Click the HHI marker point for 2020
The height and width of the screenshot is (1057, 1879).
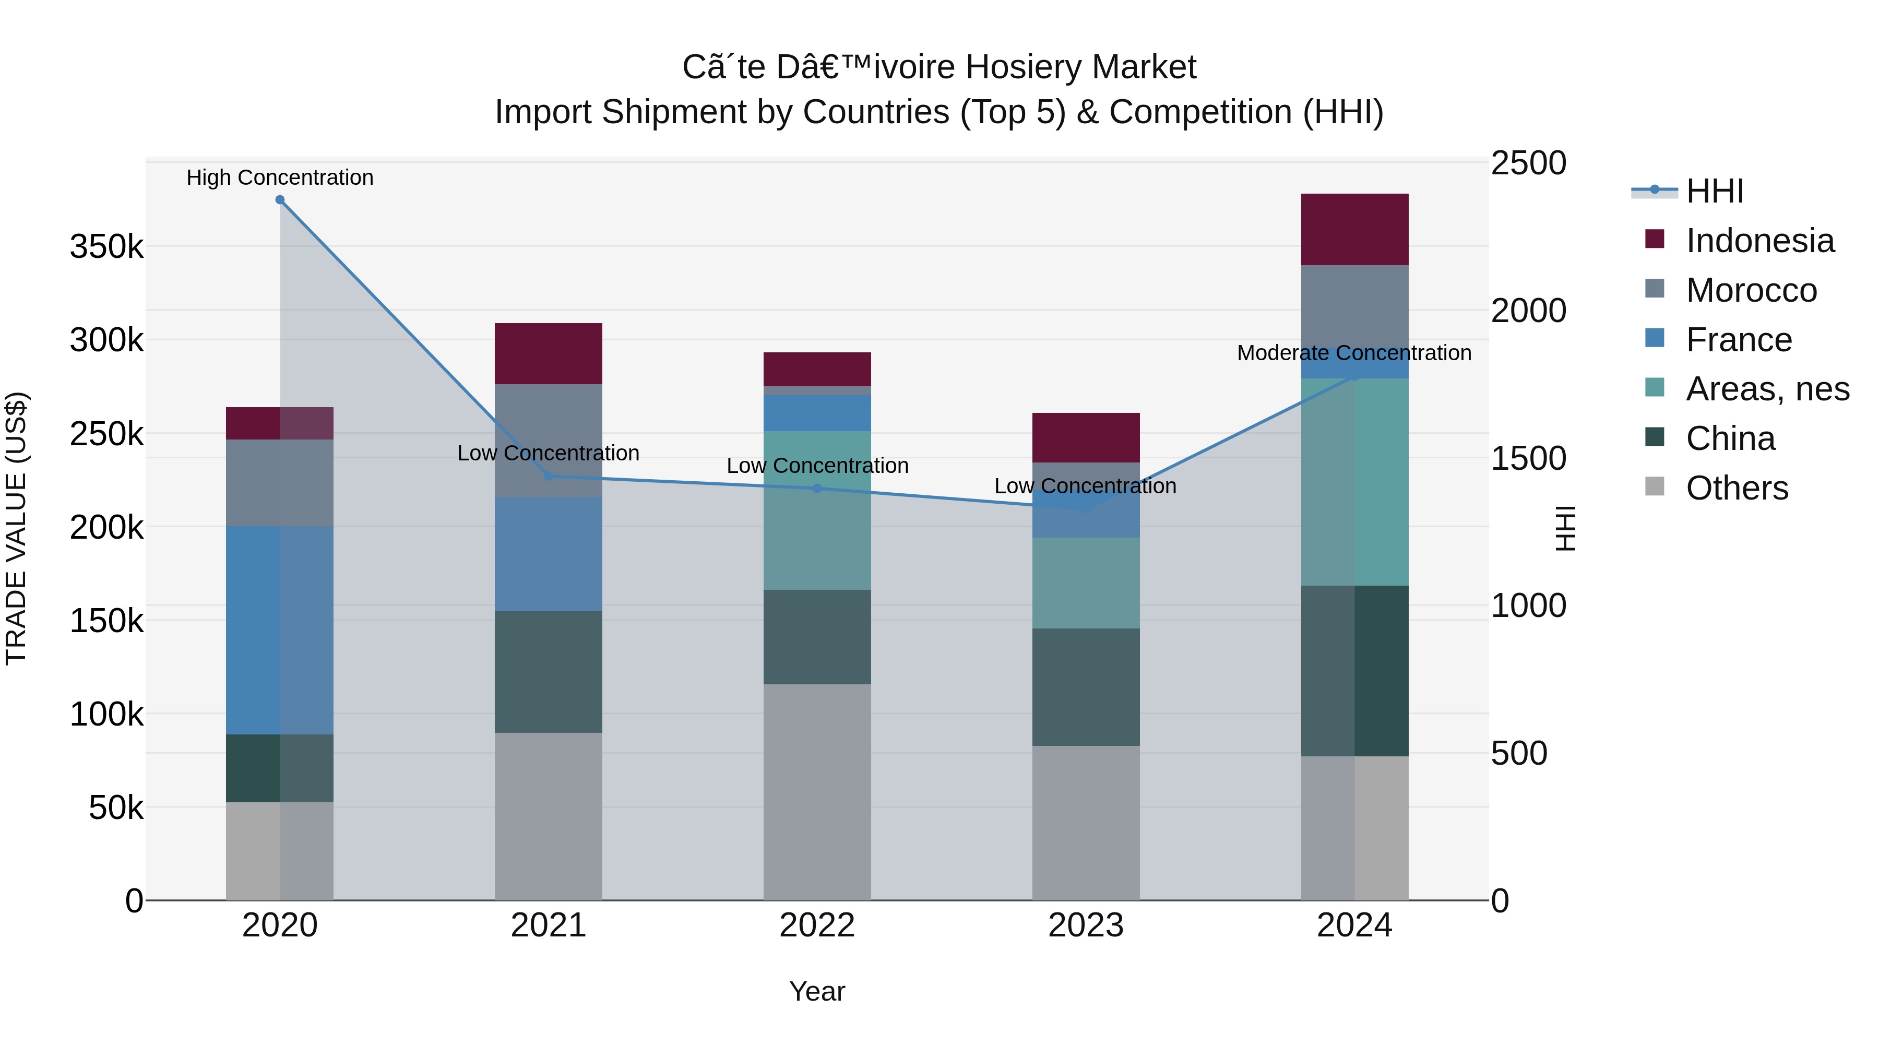click(x=280, y=200)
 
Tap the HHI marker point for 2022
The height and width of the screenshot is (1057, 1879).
click(x=817, y=488)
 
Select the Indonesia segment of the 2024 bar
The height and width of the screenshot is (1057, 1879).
click(x=1354, y=229)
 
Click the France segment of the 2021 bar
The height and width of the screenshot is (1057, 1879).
click(x=549, y=554)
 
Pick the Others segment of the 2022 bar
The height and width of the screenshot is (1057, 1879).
click(x=817, y=791)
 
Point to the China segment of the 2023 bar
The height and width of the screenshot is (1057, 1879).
click(x=1086, y=686)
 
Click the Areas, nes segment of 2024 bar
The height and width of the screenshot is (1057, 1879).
click(x=1354, y=481)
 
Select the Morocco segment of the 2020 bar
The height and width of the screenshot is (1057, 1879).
click(x=280, y=482)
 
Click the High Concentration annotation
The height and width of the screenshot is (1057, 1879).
click(x=280, y=177)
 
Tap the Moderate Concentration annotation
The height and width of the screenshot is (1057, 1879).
click(x=1354, y=353)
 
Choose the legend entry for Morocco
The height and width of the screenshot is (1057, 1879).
click(x=1751, y=290)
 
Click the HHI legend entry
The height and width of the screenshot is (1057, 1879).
click(x=1714, y=191)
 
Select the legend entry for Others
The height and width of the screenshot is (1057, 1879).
click(x=1736, y=488)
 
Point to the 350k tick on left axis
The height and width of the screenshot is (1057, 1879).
click(x=106, y=246)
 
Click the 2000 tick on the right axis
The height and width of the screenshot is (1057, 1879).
click(x=1528, y=311)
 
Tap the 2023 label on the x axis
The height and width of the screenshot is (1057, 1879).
click(x=1086, y=925)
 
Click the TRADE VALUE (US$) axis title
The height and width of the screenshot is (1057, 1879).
click(x=17, y=528)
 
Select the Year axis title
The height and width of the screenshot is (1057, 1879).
click(x=817, y=991)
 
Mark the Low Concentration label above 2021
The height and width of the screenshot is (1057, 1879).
click(x=549, y=453)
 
